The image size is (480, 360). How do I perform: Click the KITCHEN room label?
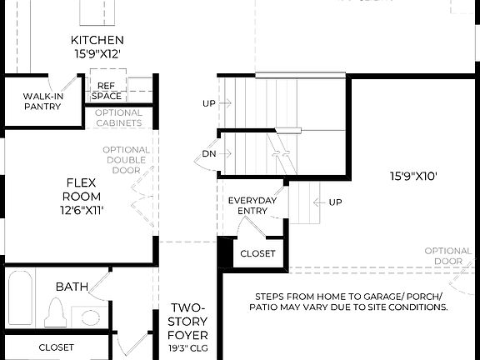(x=97, y=40)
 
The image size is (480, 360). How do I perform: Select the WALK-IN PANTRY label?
(x=42, y=101)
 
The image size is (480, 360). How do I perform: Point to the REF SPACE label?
(x=107, y=91)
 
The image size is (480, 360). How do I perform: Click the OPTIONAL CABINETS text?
(x=118, y=117)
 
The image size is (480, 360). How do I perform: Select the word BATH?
(x=72, y=287)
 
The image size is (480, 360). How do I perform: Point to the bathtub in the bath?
(x=21, y=298)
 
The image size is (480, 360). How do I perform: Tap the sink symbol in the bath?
(x=87, y=317)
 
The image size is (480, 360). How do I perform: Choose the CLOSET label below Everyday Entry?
(x=257, y=253)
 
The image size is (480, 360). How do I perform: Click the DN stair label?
(x=209, y=154)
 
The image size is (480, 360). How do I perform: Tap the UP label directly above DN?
(x=209, y=104)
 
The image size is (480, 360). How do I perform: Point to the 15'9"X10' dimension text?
(x=413, y=176)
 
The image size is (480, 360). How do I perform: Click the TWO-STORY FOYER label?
(x=187, y=322)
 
